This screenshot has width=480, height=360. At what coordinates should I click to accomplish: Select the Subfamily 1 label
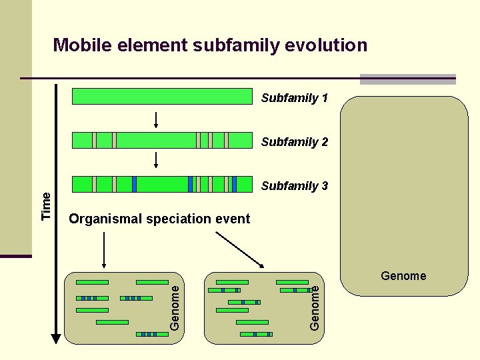pos(294,98)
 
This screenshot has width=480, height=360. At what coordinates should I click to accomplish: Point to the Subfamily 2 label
pos(294,142)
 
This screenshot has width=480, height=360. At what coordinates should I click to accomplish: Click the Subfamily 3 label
pos(294,186)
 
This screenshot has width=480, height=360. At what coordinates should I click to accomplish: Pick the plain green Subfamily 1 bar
pos(161,97)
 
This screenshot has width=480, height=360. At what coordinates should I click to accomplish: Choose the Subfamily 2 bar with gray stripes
pos(161,140)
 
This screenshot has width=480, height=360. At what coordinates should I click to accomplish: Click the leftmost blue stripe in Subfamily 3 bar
pos(134,184)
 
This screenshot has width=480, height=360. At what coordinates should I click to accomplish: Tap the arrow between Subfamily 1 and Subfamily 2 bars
pos(155,119)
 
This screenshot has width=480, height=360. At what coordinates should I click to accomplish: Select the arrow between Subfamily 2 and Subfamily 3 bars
pos(155,161)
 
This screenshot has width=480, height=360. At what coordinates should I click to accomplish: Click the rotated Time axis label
pos(46,206)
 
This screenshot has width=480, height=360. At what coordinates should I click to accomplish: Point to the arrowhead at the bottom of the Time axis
pos(56,339)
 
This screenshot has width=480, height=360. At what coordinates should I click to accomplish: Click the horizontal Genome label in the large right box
pos(403,276)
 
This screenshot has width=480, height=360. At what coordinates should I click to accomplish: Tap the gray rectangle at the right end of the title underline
pos(407,79)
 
